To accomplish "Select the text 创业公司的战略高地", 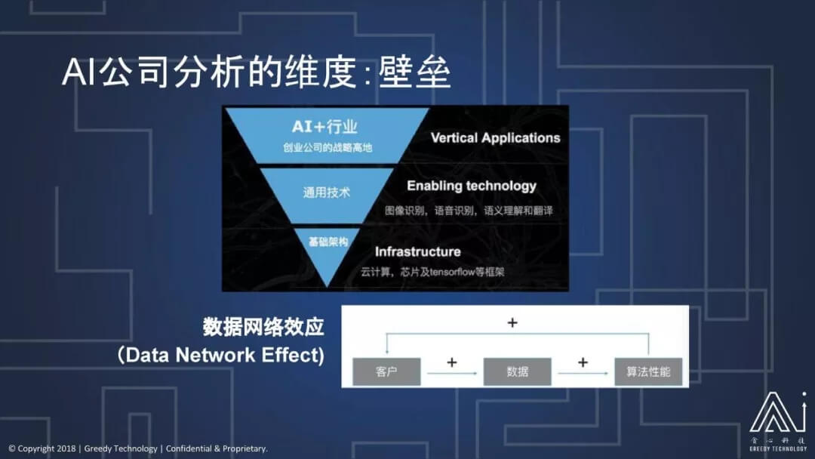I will pyautogui.click(x=328, y=148).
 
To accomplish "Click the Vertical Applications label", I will pyautogui.click(x=495, y=137).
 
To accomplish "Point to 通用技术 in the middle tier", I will pyautogui.click(x=327, y=193).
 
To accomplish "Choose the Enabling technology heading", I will pyautogui.click(x=472, y=186).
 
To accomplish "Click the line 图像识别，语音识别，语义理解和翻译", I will pyautogui.click(x=469, y=210).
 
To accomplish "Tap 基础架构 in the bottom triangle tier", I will pyautogui.click(x=328, y=242).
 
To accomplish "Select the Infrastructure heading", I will pyautogui.click(x=417, y=251).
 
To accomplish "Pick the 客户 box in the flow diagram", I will pyautogui.click(x=386, y=372).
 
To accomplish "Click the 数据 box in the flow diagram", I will pyautogui.click(x=517, y=372).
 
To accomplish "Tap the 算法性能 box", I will pyautogui.click(x=648, y=372).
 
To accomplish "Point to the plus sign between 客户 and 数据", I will pyautogui.click(x=452, y=362).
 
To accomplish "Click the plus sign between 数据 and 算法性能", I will pyautogui.click(x=583, y=362).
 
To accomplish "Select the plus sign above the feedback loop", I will pyautogui.click(x=512, y=322).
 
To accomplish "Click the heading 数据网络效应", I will pyautogui.click(x=263, y=327).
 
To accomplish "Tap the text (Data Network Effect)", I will pyautogui.click(x=221, y=355).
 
